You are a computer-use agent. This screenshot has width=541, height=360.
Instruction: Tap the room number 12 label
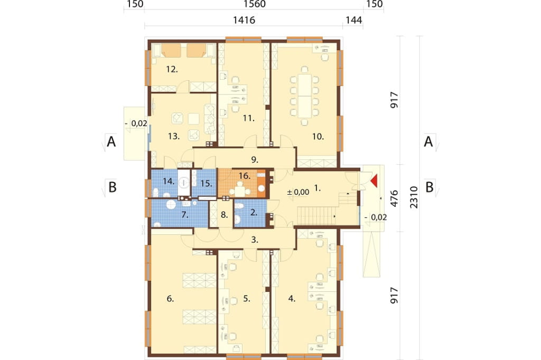tap(172, 69)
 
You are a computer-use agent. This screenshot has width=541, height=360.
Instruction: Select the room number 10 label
tap(318, 137)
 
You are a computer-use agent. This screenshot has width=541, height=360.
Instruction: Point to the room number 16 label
tap(244, 176)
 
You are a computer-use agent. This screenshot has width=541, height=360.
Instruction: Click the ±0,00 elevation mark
tap(298, 192)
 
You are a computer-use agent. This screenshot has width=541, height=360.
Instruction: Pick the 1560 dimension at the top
tap(255, 4)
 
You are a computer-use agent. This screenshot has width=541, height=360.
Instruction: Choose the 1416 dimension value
tap(244, 20)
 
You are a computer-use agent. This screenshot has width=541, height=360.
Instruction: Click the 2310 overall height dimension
tap(414, 197)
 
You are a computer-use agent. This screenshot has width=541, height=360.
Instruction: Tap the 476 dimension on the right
tap(394, 198)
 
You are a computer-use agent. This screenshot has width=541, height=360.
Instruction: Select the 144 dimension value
tap(353, 20)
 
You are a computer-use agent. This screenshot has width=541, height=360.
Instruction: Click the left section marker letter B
tap(113, 187)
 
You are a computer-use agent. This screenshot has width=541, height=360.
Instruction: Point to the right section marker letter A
tap(428, 141)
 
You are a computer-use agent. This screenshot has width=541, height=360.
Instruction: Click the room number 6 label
tap(170, 299)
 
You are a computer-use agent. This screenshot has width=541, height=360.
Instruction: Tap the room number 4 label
tap(292, 299)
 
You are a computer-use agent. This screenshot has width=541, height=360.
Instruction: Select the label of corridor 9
tap(255, 159)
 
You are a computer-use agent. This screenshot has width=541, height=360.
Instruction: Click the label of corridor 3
tap(255, 240)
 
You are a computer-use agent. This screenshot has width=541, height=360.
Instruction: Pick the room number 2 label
tap(254, 212)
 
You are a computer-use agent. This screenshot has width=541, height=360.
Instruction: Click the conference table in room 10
tap(305, 95)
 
